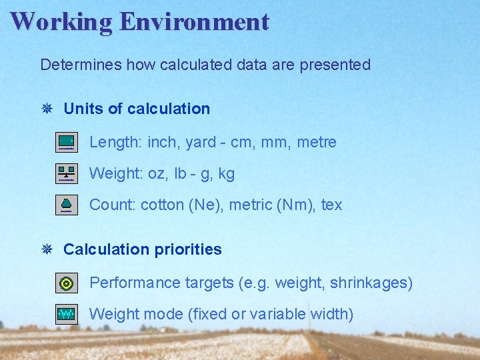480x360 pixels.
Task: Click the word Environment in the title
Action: (x=194, y=21)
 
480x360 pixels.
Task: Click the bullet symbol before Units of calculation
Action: (x=47, y=109)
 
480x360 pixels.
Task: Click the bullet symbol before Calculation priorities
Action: (x=47, y=249)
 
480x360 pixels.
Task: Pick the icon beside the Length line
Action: (x=67, y=142)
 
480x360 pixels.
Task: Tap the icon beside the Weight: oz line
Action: (x=67, y=173)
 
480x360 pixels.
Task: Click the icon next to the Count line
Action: (x=67, y=205)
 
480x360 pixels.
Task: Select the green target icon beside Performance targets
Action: (x=67, y=283)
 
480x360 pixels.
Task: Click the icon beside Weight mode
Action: (x=67, y=314)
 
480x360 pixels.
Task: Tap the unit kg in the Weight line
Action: (x=227, y=174)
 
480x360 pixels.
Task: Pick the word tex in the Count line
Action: (x=331, y=205)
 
